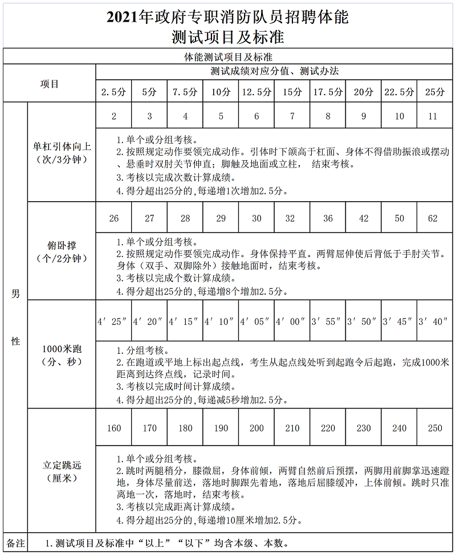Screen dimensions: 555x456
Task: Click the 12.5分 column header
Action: click(x=256, y=92)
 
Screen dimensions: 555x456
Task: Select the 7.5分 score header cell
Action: click(x=185, y=92)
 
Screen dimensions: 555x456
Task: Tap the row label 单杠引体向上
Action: click(x=62, y=147)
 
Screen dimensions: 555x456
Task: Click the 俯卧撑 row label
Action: click(x=62, y=246)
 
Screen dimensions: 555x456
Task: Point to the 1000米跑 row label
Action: click(x=62, y=349)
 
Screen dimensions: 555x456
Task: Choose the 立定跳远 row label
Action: click(x=62, y=465)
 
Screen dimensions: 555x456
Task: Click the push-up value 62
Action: click(x=433, y=218)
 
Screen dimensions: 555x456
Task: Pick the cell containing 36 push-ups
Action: click(x=328, y=218)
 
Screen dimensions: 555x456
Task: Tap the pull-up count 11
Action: click(x=433, y=116)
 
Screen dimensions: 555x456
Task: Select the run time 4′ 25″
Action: click(x=113, y=321)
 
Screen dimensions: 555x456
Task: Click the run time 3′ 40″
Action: click(x=433, y=321)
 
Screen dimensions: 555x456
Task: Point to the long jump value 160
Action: click(x=114, y=428)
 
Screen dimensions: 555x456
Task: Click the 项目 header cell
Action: click(x=50, y=84)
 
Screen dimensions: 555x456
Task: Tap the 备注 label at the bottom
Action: click(x=15, y=543)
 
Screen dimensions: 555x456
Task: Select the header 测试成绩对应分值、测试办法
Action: click(x=274, y=72)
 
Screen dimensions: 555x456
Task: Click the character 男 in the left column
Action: click(x=15, y=294)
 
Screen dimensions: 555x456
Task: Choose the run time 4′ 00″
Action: click(x=291, y=321)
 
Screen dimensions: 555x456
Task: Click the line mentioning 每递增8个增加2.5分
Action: click(x=199, y=291)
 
